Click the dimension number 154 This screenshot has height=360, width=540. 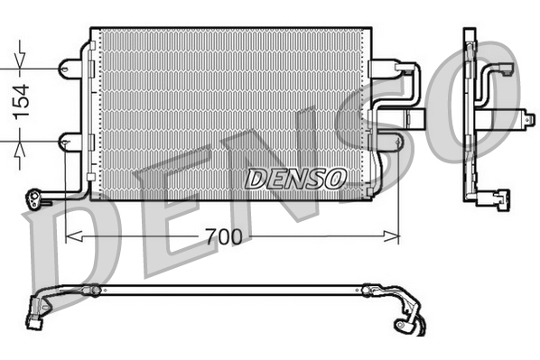click(x=20, y=101)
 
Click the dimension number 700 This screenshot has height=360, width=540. click(x=223, y=237)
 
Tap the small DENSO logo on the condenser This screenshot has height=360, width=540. click(x=294, y=178)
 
